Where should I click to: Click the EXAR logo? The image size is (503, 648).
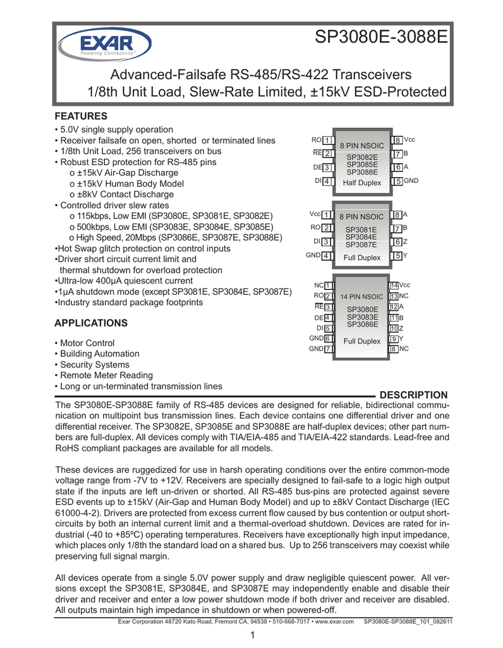pos(104,44)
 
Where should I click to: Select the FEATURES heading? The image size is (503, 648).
pos(81,116)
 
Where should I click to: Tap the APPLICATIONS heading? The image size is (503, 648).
pos(91,323)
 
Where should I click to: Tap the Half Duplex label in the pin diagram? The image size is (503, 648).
pos(362,182)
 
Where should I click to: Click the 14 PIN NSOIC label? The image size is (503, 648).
pos(361,297)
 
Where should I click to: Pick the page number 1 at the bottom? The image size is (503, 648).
pos(251,635)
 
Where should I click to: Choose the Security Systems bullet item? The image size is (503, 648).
pos(94,364)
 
